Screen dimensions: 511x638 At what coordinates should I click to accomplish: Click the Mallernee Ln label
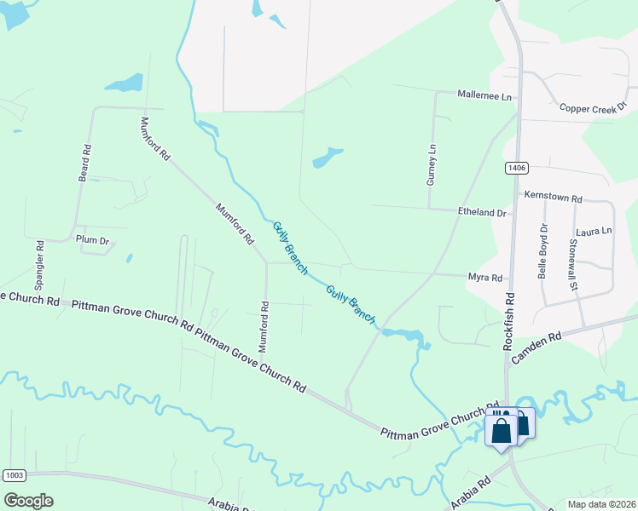pyautogui.click(x=484, y=96)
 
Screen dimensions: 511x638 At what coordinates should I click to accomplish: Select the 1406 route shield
pyautogui.click(x=514, y=169)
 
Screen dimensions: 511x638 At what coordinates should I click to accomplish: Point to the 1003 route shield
pyautogui.click(x=14, y=474)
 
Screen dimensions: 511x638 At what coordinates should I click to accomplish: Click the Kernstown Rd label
pyautogui.click(x=553, y=198)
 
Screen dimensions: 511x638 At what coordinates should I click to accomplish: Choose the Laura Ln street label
pyautogui.click(x=594, y=231)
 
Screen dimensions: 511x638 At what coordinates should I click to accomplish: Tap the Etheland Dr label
pyautogui.click(x=482, y=212)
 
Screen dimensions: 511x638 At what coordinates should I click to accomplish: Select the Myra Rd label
pyautogui.click(x=484, y=278)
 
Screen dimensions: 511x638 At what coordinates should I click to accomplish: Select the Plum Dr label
pyautogui.click(x=92, y=240)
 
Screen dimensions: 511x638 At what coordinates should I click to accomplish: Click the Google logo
pyautogui.click(x=28, y=501)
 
